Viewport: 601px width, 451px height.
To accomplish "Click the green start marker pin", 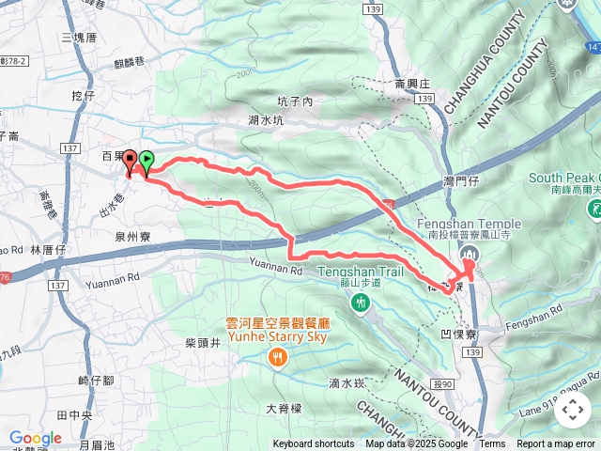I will [146, 163].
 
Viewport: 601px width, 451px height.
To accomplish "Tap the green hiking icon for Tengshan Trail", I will [361, 303].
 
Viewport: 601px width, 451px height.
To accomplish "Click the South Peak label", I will [563, 179].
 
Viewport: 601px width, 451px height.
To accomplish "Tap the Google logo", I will [35, 438].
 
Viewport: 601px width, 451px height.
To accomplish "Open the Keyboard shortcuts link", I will [314, 444].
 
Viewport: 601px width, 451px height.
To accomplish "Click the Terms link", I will [492, 444].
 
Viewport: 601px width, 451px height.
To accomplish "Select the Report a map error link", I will [557, 444].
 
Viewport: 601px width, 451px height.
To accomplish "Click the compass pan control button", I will [573, 410].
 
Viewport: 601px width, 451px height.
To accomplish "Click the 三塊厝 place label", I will [79, 38].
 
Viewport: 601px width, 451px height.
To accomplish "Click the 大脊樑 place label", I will [284, 409].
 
